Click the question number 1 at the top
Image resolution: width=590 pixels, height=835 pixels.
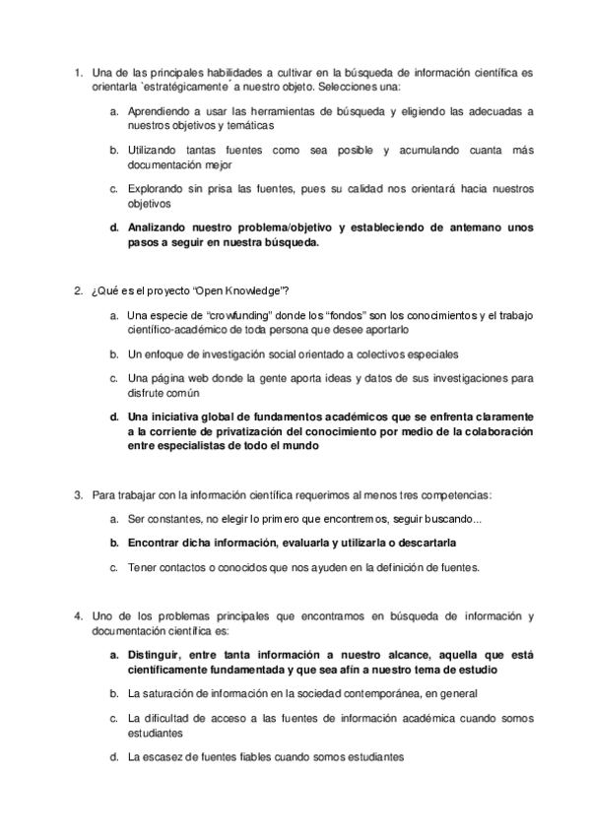(78, 72)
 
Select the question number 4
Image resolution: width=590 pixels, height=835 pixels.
(78, 616)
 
